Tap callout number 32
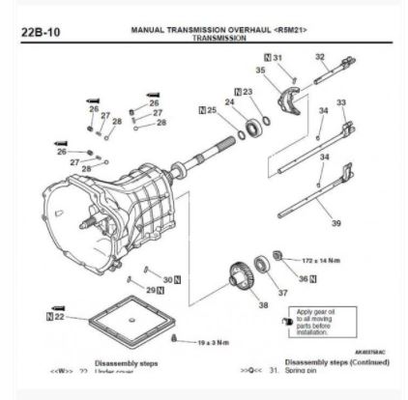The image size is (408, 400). coord(320,57)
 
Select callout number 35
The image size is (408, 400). coord(259,71)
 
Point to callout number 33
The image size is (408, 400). coord(340,102)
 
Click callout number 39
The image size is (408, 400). coord(335,223)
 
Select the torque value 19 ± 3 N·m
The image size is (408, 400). coord(203,340)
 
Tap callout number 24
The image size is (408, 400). coord(229,102)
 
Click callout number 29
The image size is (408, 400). coord(151,289)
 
